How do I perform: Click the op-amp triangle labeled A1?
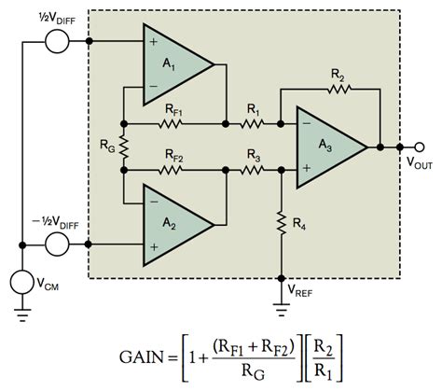pos(173,64)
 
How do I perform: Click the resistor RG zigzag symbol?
pos(123,146)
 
